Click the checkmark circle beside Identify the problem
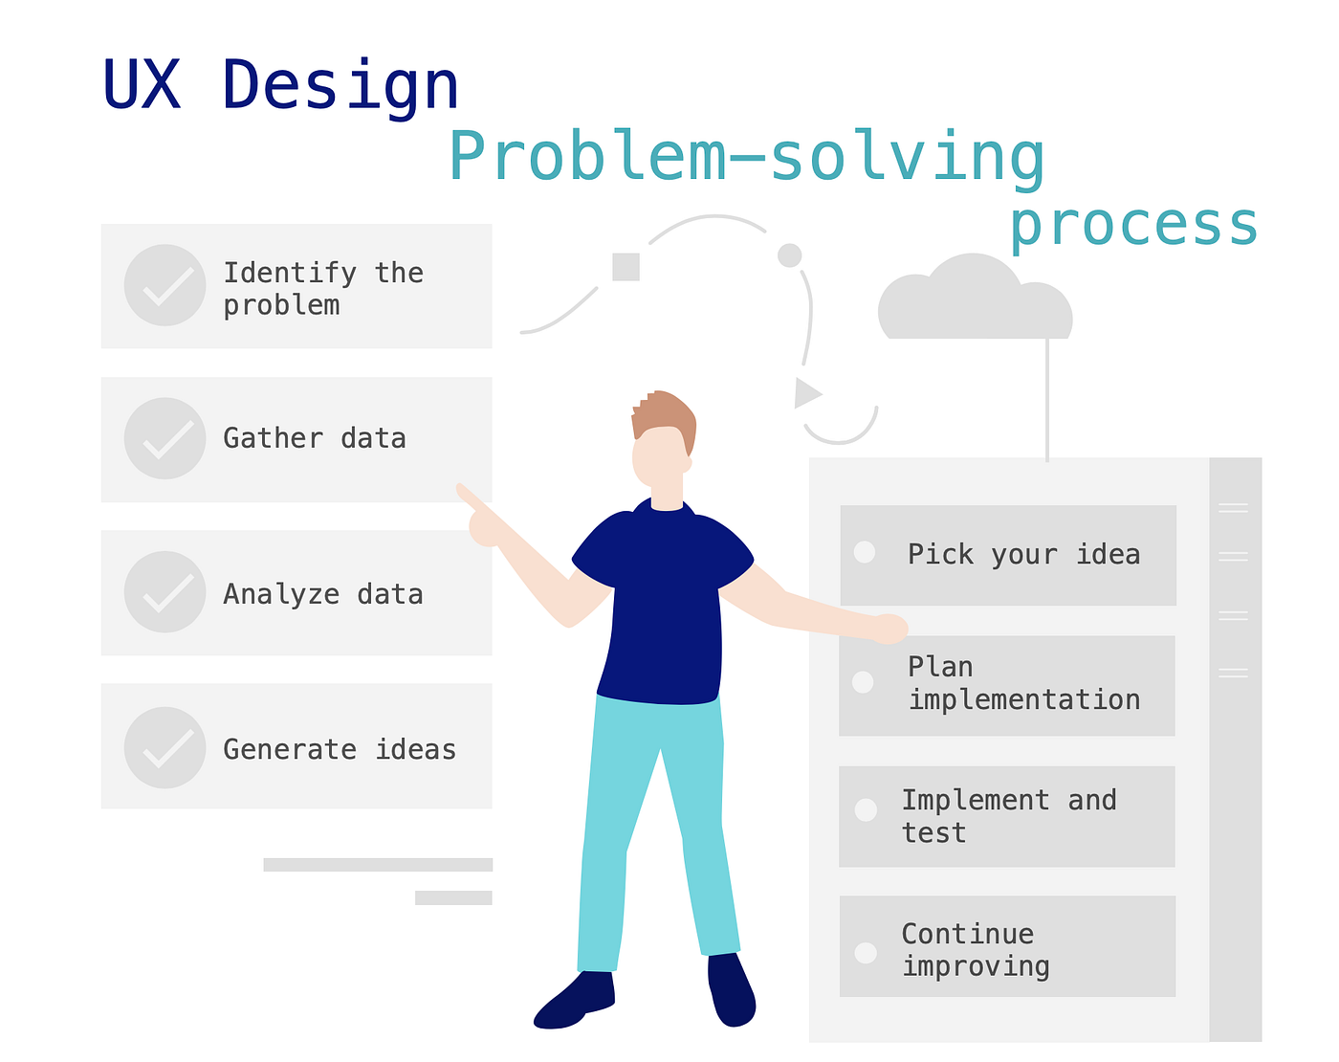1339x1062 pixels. (x=165, y=285)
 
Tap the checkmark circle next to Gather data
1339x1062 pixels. (x=165, y=438)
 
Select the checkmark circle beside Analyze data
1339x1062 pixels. (x=165, y=592)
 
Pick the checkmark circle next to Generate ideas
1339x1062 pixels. (x=165, y=747)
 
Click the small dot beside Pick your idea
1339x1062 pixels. (x=865, y=552)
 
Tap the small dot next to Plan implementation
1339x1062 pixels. (x=863, y=682)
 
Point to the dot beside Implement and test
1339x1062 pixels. (x=866, y=810)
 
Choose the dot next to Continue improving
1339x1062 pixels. (x=866, y=953)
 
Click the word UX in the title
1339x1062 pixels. (x=142, y=86)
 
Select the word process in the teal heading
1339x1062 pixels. (x=1133, y=226)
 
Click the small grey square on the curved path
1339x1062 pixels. (x=626, y=267)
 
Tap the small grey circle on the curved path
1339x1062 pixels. (x=789, y=255)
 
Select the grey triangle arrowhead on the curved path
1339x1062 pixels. (x=806, y=392)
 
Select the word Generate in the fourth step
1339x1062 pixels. (x=289, y=749)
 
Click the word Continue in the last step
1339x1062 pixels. (x=967, y=934)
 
